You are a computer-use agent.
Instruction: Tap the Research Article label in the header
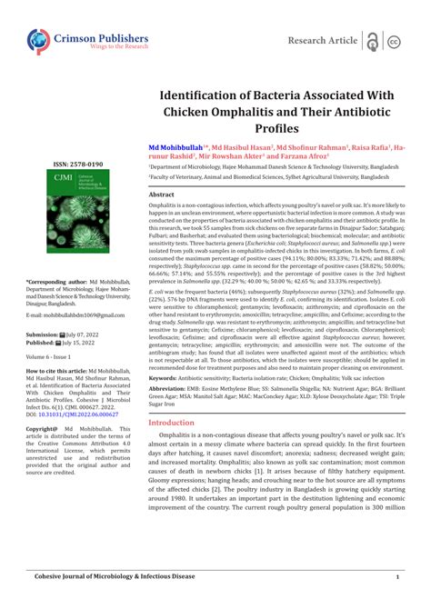click(322, 41)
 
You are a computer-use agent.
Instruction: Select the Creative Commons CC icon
click(395, 42)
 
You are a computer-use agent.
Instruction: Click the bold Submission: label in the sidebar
click(42, 334)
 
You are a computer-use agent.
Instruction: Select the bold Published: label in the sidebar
click(41, 343)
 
